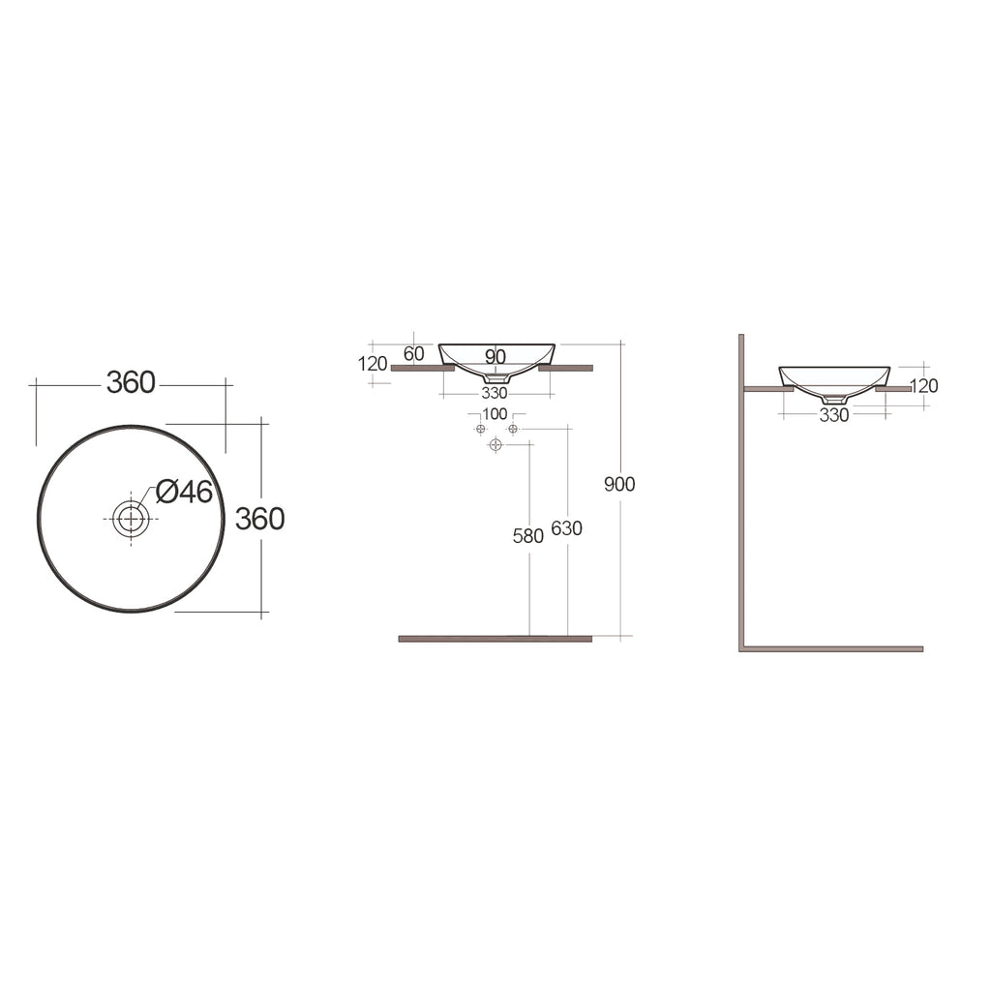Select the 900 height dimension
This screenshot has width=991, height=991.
[x=619, y=484]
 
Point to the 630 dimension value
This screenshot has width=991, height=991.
[x=566, y=528]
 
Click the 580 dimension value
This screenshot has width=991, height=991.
[x=527, y=536]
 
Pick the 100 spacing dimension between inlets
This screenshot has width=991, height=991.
[x=495, y=414]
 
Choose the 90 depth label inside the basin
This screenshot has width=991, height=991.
[x=495, y=357]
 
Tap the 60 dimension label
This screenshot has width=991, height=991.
[x=413, y=354]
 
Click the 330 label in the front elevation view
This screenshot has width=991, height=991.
[x=495, y=393]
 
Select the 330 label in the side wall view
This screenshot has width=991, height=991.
[x=833, y=415]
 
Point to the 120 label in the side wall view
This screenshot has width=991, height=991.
[x=924, y=386]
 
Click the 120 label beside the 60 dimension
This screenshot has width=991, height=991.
[x=373, y=364]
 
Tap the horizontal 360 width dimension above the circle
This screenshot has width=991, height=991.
[x=131, y=383]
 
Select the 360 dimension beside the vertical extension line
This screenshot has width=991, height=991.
[x=260, y=519]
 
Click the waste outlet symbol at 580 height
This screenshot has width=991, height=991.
[x=495, y=445]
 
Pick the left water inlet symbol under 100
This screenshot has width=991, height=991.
[x=480, y=429]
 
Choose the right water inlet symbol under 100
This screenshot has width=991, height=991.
[x=513, y=429]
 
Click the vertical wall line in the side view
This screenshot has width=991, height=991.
[x=741, y=484]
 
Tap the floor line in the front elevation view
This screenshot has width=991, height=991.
[x=495, y=639]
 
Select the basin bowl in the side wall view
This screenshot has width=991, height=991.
[x=834, y=378]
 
